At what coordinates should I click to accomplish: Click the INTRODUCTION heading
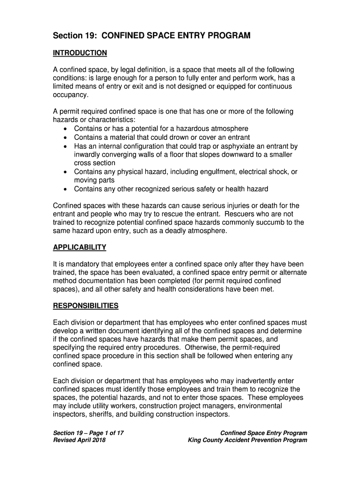tap(80, 53)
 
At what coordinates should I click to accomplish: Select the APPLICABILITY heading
tap(79, 247)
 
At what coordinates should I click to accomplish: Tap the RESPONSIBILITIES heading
tap(86, 306)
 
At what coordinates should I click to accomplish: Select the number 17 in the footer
tap(119, 433)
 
